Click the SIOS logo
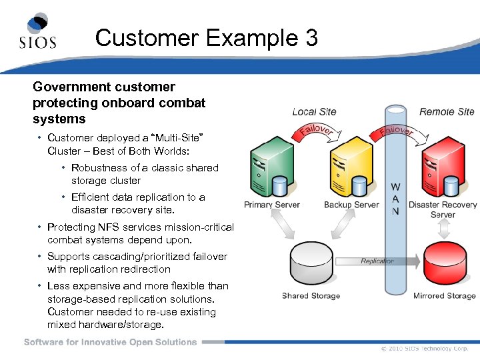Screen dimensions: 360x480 point(37,31)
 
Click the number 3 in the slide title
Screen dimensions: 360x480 point(311,37)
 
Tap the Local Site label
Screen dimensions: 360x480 point(314,112)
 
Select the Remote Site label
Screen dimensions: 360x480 point(447,112)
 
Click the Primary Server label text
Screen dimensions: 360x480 point(272,205)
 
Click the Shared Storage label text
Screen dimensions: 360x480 point(311,296)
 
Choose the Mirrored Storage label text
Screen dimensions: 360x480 point(445,296)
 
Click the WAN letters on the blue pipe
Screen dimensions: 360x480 point(395,199)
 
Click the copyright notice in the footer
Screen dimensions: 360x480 point(425,349)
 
